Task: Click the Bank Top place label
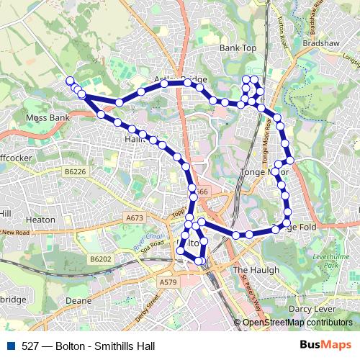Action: coord(238,48)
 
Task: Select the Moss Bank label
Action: coord(48,116)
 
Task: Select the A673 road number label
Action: coord(135,217)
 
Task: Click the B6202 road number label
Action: coord(101,258)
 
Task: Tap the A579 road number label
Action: coord(168,282)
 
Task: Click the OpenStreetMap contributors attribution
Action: coord(297,323)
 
